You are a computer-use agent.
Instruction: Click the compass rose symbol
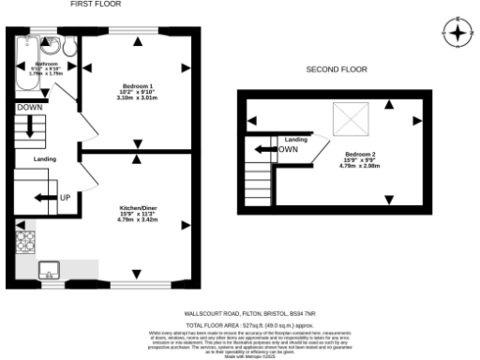pyautogui.click(x=456, y=35)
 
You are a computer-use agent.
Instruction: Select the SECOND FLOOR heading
pyautogui.click(x=337, y=69)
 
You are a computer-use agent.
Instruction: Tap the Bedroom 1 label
pyautogui.click(x=136, y=90)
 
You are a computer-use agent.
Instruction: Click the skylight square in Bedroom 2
pyautogui.click(x=352, y=120)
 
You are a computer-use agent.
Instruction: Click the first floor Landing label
pyautogui.click(x=45, y=159)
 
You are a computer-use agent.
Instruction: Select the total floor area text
pyautogui.click(x=247, y=324)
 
